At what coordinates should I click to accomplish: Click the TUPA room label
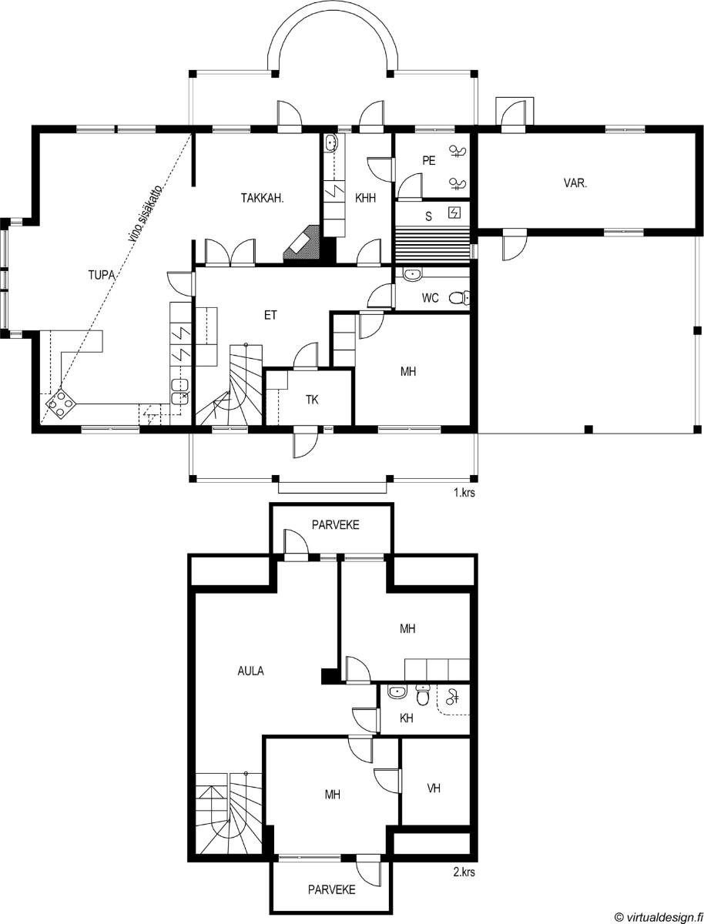tap(102, 275)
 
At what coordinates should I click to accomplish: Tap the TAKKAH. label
tap(263, 198)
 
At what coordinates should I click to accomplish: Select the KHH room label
tap(365, 198)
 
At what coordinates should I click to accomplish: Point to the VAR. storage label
tap(575, 183)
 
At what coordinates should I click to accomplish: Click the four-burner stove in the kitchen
tap(61, 403)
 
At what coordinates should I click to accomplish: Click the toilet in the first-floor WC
tap(459, 298)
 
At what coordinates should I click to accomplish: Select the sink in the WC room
tap(413, 274)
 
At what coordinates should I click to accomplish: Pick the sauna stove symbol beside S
tap(454, 213)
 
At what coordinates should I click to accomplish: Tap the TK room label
tap(312, 400)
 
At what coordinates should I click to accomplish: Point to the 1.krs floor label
tap(464, 493)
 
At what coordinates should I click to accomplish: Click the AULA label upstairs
tap(250, 671)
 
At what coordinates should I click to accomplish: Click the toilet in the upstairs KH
tap(422, 695)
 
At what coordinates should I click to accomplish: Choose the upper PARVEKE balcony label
tap(335, 525)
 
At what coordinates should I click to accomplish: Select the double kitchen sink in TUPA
tap(179, 390)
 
